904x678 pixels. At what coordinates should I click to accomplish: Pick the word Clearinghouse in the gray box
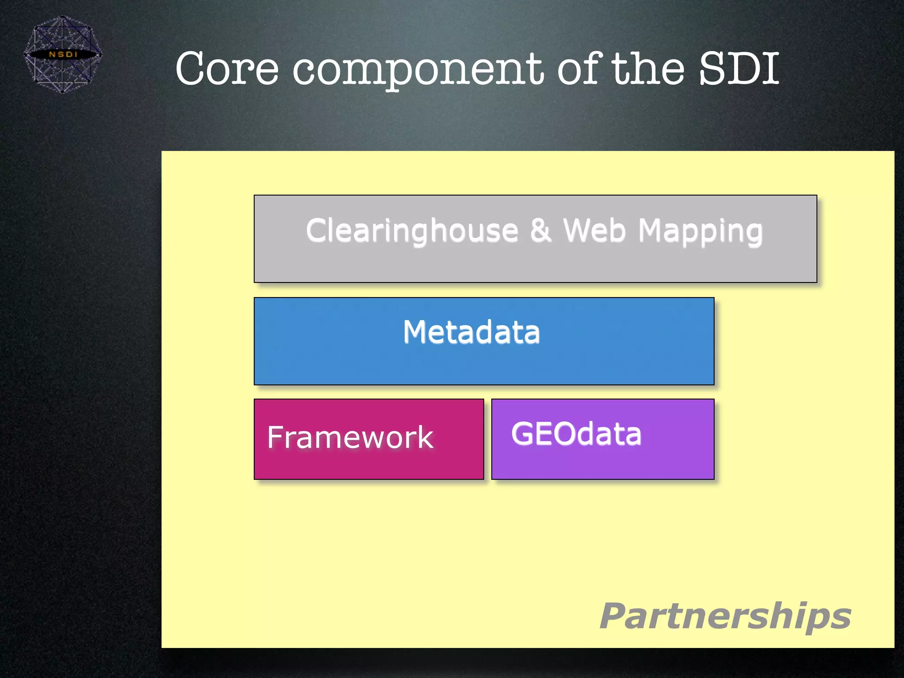click(412, 231)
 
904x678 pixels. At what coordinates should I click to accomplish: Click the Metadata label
click(471, 332)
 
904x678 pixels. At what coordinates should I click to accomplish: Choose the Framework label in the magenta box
click(350, 437)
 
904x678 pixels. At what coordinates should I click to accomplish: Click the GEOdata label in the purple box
click(576, 433)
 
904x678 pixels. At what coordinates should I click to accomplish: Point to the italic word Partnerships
click(725, 617)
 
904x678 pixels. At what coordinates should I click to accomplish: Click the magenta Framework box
click(369, 463)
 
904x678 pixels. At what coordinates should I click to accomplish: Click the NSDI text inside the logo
click(63, 54)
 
